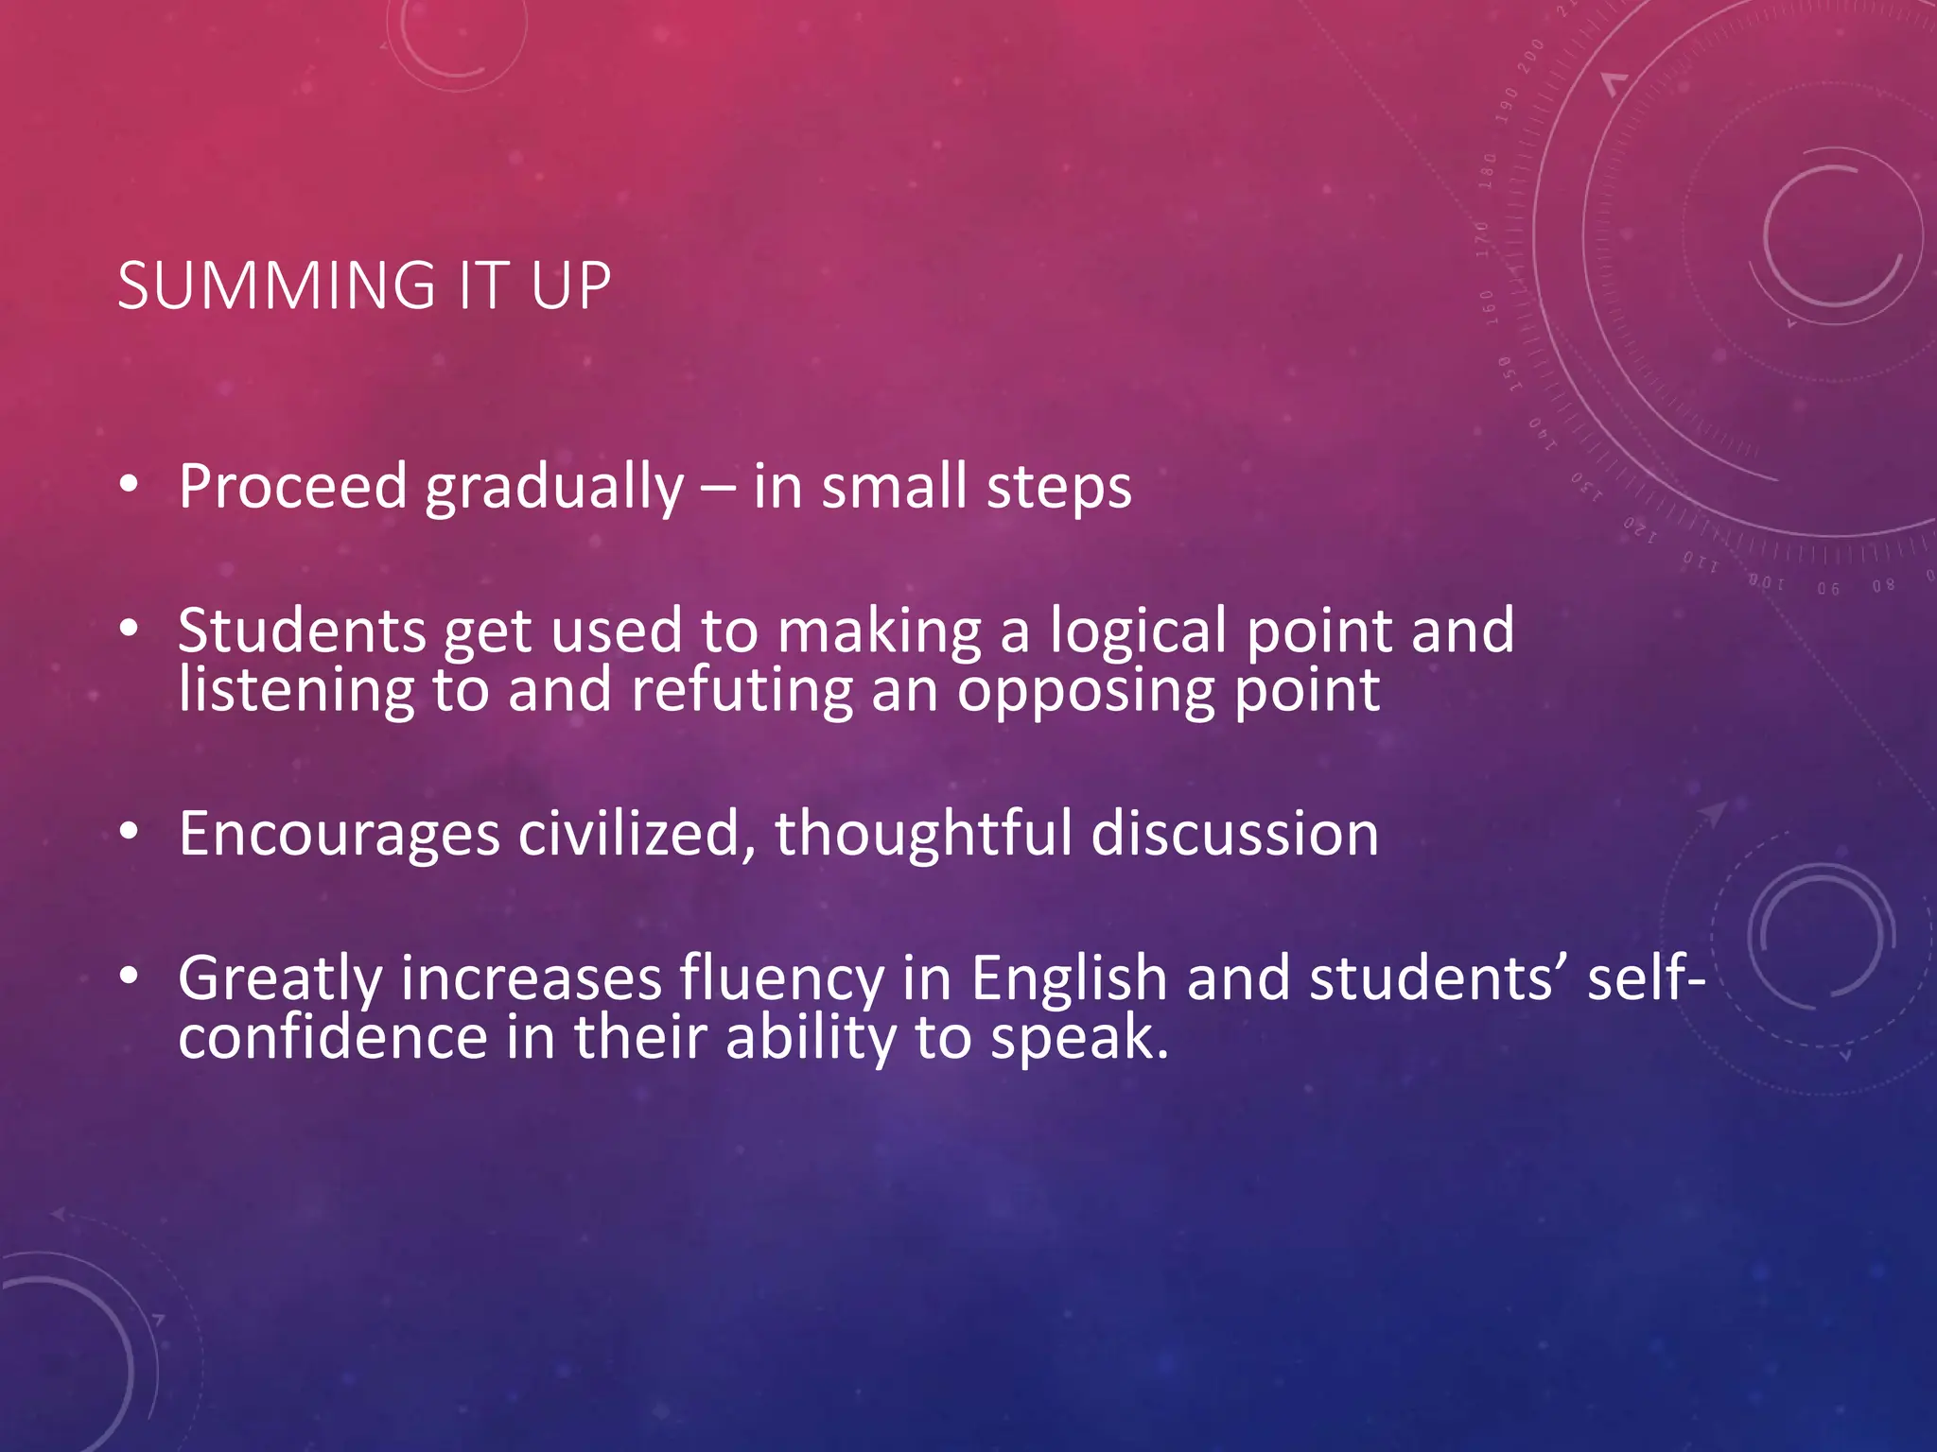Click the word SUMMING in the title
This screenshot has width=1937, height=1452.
[x=276, y=285]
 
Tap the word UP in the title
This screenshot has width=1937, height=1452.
[x=570, y=285]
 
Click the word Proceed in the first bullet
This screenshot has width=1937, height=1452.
[x=292, y=486]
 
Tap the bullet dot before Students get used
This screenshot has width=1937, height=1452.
[x=130, y=628]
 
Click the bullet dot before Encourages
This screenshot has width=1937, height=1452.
[x=130, y=832]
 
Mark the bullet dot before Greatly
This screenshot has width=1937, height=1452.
[x=130, y=976]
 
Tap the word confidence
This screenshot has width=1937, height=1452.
[x=332, y=1037]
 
